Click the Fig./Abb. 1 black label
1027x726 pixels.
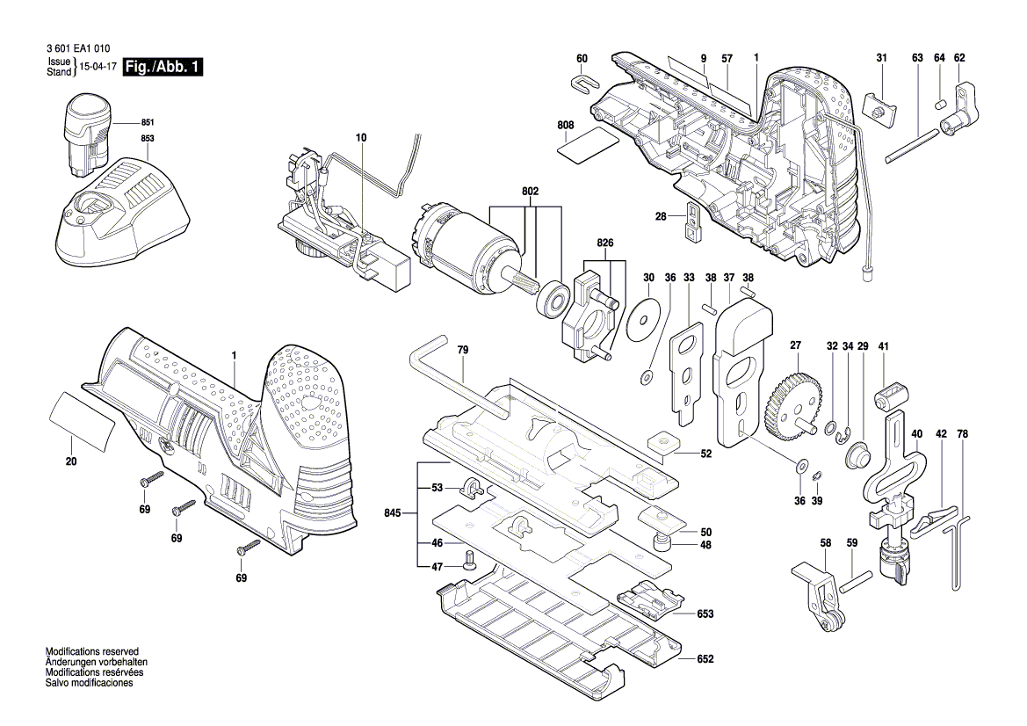(163, 68)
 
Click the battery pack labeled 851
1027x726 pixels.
(86, 133)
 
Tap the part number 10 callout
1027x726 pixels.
(360, 138)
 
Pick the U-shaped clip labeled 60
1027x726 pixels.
(582, 83)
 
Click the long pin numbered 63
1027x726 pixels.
(912, 145)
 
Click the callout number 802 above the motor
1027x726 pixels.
(529, 191)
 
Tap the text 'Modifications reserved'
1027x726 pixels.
(94, 651)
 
